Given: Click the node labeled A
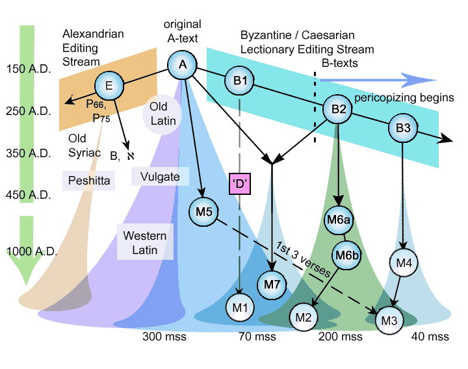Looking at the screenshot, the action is pos(182,65).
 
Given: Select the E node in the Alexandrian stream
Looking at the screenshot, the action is pos(109,86).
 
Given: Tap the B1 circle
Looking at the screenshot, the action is pos(239,81).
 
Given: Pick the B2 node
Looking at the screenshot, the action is pos(337,109).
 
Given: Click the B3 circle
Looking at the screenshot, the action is pos(402,128).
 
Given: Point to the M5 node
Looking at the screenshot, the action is pos(203,212).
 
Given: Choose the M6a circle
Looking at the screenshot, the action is pos(338,220).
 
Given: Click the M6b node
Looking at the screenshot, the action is pos(346,255).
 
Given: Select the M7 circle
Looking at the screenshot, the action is pos(272,285).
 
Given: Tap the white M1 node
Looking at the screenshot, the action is pos(240,307).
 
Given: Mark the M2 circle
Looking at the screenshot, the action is pos(304,318).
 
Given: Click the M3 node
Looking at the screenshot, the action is pos(389,320).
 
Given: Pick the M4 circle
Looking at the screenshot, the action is pos(404,263).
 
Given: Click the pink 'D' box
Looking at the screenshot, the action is pos(240,184).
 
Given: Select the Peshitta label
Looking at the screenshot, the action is pos(88,181).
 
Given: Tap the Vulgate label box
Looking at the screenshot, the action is pos(160,176).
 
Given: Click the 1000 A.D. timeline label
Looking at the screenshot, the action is pos(31,251).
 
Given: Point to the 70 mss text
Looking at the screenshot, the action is pos(257,337).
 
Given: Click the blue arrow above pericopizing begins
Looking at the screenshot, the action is pos(378,80).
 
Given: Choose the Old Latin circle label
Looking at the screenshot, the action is pos(162,114).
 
